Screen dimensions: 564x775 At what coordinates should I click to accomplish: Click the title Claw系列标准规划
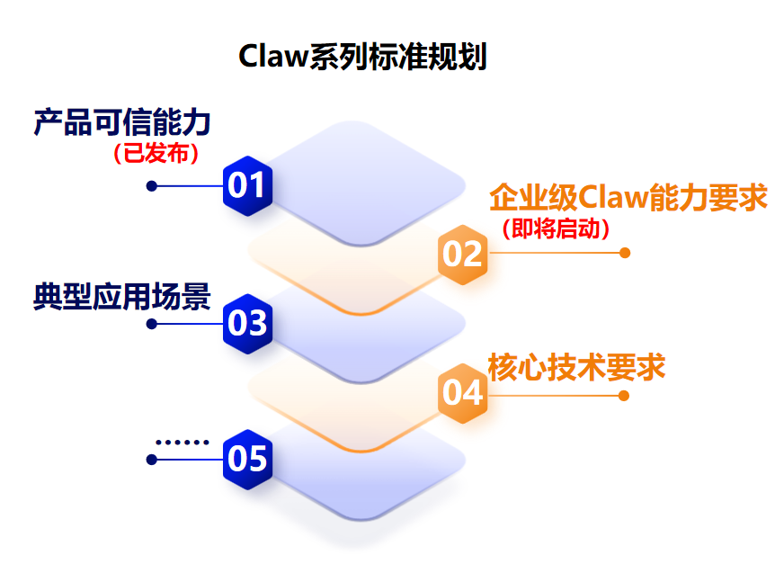[362, 56]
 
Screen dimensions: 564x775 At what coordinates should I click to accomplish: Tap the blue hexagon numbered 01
[247, 185]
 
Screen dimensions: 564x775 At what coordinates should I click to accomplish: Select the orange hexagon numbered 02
[463, 254]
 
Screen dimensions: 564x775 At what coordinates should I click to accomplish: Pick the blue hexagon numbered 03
[247, 323]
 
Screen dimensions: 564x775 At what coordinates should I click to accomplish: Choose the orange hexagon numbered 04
[463, 393]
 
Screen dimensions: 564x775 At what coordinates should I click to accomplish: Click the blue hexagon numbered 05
[247, 460]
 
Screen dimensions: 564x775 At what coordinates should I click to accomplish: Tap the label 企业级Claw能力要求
[628, 196]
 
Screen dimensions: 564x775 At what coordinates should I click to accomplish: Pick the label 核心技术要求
[576, 367]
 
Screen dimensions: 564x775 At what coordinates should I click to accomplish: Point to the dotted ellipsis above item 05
[182, 442]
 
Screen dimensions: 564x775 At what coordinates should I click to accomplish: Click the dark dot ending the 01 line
[152, 186]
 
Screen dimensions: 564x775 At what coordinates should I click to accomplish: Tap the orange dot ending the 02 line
[625, 253]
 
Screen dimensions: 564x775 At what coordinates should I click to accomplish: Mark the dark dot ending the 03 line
[152, 323]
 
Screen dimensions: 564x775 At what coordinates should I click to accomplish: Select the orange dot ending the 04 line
[624, 395]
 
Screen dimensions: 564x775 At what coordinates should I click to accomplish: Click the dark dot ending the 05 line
[152, 460]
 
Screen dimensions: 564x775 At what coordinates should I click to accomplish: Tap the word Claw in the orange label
[609, 196]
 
